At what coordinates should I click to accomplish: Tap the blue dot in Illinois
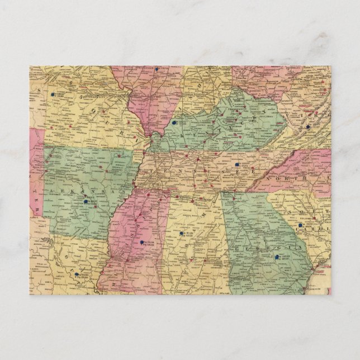coord(157,70)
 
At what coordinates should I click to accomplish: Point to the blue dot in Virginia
coord(308,127)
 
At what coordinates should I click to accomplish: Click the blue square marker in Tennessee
coord(237,165)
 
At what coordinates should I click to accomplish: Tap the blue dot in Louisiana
coord(75,274)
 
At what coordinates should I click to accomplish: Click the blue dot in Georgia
coord(278,257)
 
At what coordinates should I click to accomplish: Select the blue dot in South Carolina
coord(300,226)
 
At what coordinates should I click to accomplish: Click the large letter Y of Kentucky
coord(258,119)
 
